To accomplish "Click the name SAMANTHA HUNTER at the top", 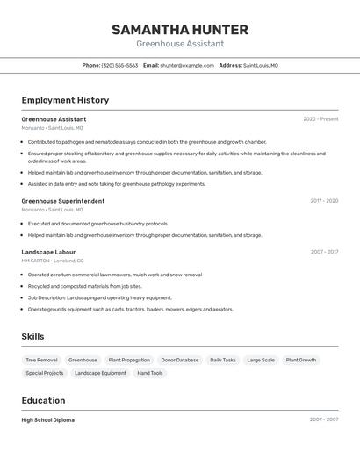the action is coord(179,30).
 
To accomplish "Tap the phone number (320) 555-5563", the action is coord(119,65).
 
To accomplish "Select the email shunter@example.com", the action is coord(187,65).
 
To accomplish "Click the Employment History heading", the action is coord(65,100).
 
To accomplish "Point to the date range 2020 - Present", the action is coord(320,119).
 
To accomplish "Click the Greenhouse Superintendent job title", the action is coord(62,201).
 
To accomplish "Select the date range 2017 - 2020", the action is coord(324,201).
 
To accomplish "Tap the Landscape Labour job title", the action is coord(48,252).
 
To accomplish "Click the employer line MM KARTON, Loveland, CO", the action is coord(53,261).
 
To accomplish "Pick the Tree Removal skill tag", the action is coord(41,360).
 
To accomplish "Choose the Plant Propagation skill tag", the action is coord(129,360).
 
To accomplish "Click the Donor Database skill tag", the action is coord(180,360).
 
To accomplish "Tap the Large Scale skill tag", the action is coord(261,360).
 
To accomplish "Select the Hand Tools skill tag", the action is coord(150,373).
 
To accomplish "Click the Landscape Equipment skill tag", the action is coord(100,373).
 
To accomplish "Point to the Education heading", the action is coord(45,400).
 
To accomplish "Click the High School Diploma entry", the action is coord(47,420).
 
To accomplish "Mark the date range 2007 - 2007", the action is coord(323,420).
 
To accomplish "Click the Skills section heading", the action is coord(32,336).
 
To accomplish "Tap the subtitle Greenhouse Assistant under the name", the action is coord(179,44).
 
